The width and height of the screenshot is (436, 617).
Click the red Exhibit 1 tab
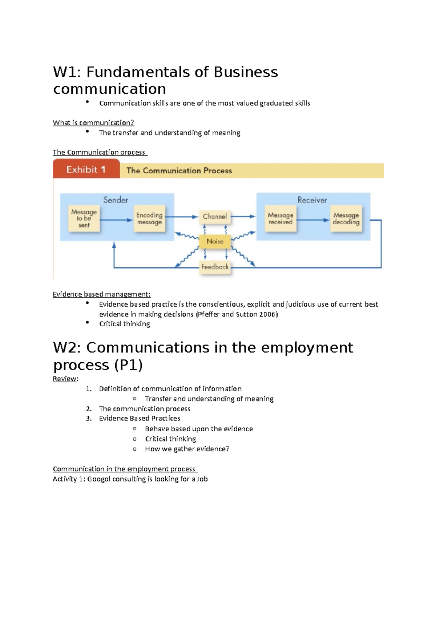pyautogui.click(x=86, y=169)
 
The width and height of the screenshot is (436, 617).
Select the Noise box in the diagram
pyautogui.click(x=215, y=241)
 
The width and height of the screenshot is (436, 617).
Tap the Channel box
pyautogui.click(x=215, y=217)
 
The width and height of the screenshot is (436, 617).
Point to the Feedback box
pyautogui.click(x=215, y=267)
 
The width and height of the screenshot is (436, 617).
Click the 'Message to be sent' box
pyautogui.click(x=84, y=218)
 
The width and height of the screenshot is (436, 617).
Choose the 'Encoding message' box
pyautogui.click(x=149, y=218)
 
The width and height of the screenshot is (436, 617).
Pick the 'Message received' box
pyautogui.click(x=280, y=218)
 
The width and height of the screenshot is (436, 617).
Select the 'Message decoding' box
pyautogui.click(x=346, y=218)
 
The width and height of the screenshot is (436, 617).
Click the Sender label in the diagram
pyautogui.click(x=116, y=200)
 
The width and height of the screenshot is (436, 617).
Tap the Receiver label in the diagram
pyautogui.click(x=312, y=200)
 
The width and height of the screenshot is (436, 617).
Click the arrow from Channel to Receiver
pyautogui.click(x=243, y=217)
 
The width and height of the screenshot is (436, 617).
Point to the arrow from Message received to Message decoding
pyautogui.click(x=313, y=220)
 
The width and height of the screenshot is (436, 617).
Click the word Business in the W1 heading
pyautogui.click(x=246, y=72)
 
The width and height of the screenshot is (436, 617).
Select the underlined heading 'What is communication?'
pyautogui.click(x=93, y=123)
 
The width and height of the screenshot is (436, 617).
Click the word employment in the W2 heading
pyautogui.click(x=307, y=348)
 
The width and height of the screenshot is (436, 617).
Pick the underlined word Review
pyautogui.click(x=65, y=379)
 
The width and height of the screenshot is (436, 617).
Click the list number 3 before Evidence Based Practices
pyautogui.click(x=88, y=419)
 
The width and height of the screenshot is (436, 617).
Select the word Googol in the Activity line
pyautogui.click(x=98, y=479)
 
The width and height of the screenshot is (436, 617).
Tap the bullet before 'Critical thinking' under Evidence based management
pyautogui.click(x=88, y=322)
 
